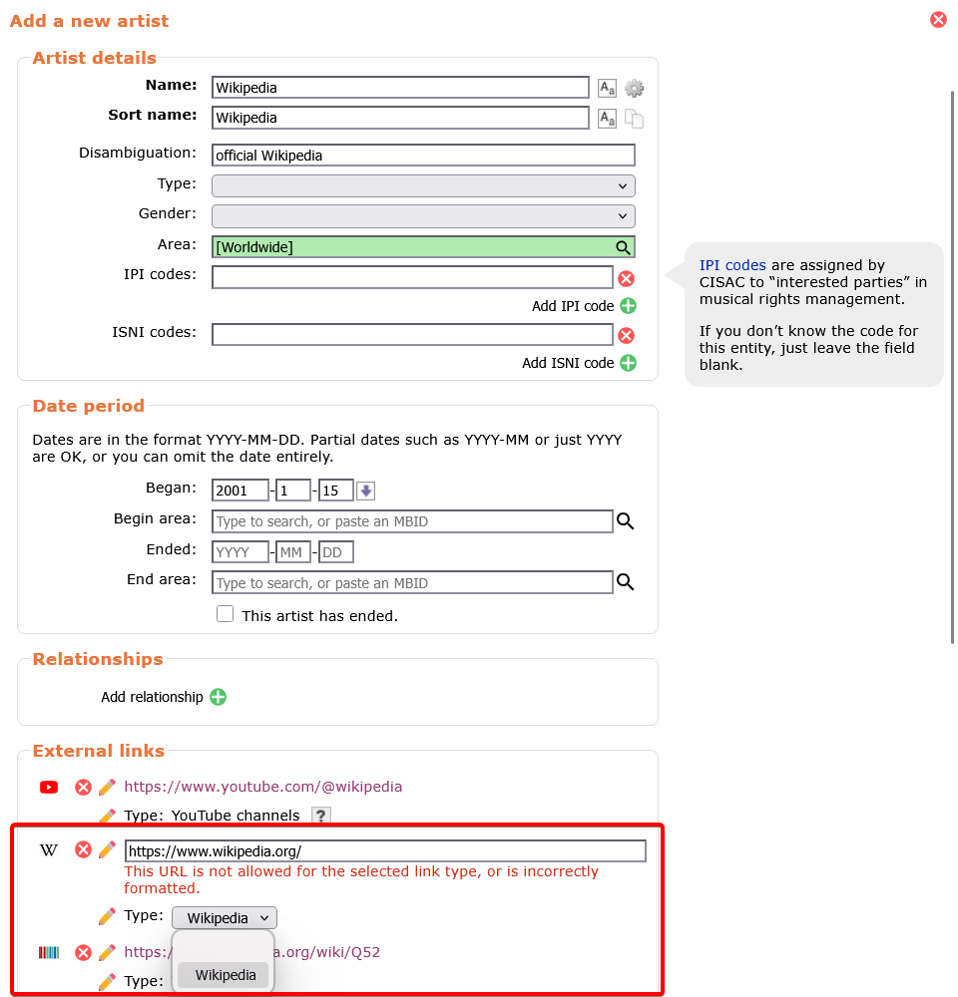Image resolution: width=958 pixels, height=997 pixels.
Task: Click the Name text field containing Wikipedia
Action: [x=400, y=88]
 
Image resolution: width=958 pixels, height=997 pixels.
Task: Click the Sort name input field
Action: [x=400, y=118]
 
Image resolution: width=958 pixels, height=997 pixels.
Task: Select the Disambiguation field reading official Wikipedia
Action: [x=423, y=156]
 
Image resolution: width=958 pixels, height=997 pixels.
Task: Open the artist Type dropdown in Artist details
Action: [x=423, y=186]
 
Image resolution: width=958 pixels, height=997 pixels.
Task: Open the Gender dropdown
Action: [x=423, y=216]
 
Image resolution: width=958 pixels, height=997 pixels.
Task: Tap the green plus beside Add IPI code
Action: [x=628, y=306]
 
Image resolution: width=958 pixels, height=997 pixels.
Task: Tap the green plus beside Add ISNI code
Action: [x=628, y=363]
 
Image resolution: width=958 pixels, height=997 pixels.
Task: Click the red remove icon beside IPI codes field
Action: [x=626, y=279]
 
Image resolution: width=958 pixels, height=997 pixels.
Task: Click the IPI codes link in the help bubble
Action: [x=732, y=265]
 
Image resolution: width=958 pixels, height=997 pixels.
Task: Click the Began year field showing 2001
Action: [x=240, y=491]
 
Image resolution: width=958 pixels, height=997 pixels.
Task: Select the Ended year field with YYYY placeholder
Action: [x=240, y=552]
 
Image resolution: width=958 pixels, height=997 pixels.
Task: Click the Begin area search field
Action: [x=412, y=521]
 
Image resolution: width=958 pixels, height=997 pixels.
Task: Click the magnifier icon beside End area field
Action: [x=626, y=582]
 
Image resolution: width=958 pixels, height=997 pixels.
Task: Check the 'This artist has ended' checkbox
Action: [x=226, y=615]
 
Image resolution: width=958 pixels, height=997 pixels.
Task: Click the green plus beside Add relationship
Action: [x=218, y=697]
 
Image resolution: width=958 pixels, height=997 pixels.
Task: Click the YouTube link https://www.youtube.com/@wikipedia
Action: [x=263, y=787]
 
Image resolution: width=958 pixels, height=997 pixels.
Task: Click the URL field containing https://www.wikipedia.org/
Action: [x=385, y=851]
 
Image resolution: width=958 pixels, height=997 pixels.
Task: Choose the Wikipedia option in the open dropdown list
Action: [x=226, y=975]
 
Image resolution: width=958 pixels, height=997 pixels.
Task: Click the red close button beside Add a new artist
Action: [x=938, y=20]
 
